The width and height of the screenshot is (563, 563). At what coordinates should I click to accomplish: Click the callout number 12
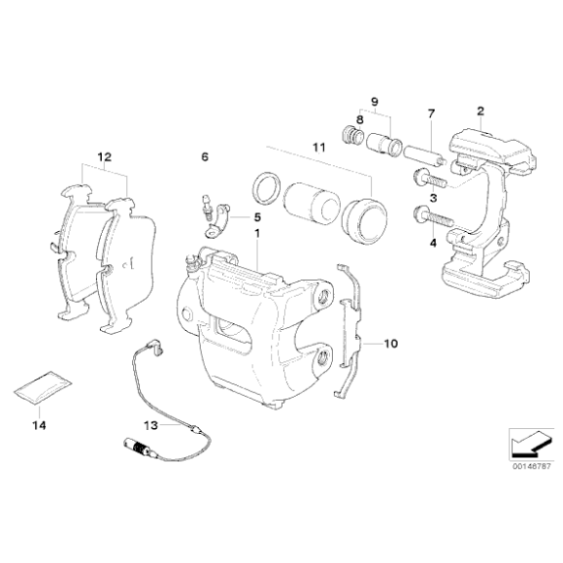point(105,157)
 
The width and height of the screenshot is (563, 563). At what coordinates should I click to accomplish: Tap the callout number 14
point(39,425)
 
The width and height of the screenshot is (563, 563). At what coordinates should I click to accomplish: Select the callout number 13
point(150,425)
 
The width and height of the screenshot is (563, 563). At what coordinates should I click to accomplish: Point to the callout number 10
point(391,344)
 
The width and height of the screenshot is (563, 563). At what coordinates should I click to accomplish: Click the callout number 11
point(318,148)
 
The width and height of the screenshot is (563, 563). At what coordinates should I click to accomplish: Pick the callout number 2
point(480,111)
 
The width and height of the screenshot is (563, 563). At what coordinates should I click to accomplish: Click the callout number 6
point(205,157)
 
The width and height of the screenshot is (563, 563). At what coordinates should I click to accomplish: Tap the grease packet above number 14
point(43,387)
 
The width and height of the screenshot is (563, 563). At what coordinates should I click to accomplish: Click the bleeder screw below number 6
point(207,209)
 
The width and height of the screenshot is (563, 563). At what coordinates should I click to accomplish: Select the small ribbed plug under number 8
point(351,136)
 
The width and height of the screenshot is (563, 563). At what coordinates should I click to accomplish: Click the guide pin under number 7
point(424,154)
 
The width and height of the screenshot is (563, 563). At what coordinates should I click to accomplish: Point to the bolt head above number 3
point(419,177)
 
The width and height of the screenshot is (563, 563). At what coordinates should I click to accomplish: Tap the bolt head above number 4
point(421,214)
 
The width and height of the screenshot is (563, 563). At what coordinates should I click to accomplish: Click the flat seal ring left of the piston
point(268,188)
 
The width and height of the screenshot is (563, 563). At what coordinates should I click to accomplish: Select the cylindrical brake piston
point(311,204)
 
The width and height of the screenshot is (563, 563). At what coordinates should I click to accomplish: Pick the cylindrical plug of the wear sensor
point(135,446)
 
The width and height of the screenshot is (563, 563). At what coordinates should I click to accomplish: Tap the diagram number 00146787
point(531,467)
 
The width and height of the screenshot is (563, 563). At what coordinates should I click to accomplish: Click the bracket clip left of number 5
point(217,220)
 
